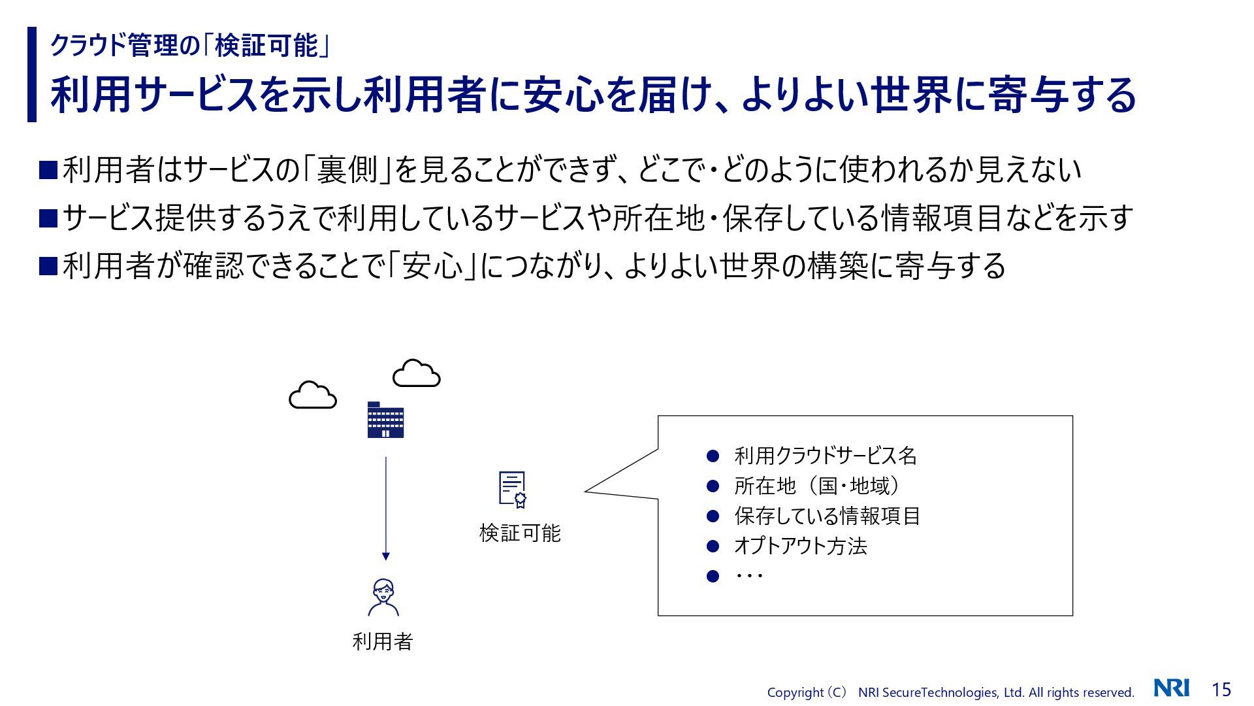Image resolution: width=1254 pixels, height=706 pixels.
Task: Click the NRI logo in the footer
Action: pos(1171,688)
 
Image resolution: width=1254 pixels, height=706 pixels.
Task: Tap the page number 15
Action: pos(1221,690)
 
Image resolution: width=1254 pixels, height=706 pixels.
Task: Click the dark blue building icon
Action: pos(385,420)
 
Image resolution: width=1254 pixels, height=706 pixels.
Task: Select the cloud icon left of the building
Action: pos(313,395)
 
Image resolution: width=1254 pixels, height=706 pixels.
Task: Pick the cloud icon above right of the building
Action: pos(417,373)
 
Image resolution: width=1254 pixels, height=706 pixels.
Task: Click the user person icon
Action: pos(383,597)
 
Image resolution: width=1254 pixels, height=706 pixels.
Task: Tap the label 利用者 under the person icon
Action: pos(383,642)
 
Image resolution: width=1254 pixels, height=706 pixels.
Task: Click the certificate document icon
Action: pos(513,490)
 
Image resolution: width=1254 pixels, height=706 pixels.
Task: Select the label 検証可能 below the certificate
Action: pos(520,533)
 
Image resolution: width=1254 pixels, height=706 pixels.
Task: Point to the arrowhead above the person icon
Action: pos(386,556)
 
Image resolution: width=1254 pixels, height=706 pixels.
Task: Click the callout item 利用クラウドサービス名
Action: pos(826,456)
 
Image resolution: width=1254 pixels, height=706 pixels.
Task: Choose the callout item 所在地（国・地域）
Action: pos(817,486)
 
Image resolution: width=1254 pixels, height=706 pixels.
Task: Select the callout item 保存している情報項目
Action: pos(827,516)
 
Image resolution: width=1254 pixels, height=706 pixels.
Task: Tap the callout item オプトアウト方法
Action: pos(801,546)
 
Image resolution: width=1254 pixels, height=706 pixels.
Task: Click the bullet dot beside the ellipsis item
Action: pos(713,576)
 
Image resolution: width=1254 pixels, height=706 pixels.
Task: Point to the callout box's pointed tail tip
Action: pos(587,490)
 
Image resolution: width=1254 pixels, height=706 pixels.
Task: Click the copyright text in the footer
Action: pos(950,692)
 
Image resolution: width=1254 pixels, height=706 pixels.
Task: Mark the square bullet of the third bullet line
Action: pos(49,266)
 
